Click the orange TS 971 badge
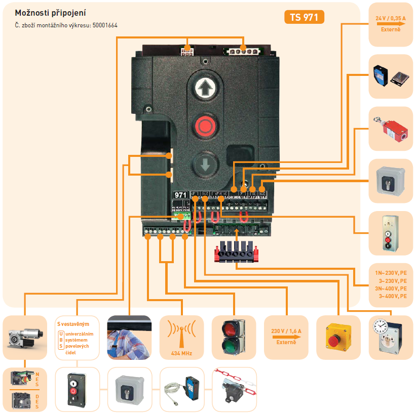coord(304,17)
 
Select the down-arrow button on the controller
coord(205,165)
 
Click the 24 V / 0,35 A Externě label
coord(391,24)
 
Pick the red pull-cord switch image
coord(390,129)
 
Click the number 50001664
coord(105,25)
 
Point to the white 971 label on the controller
coord(181,194)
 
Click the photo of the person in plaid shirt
coord(129,337)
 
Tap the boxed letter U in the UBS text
coord(61,335)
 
